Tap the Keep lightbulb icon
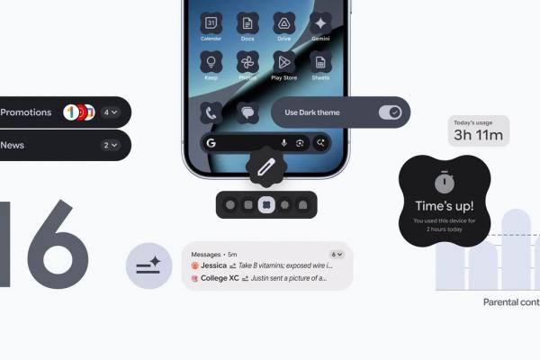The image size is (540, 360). click(x=211, y=61)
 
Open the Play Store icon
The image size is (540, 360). click(x=283, y=61)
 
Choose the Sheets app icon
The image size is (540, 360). click(x=319, y=61)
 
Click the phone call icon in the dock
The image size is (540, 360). click(x=211, y=112)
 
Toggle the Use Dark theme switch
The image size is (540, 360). click(x=390, y=112)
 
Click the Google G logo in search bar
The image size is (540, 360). click(x=211, y=143)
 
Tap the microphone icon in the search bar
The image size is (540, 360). click(x=284, y=143)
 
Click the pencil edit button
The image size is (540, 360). click(x=265, y=166)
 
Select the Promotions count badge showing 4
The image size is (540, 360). click(x=111, y=112)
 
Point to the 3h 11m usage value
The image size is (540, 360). click(x=479, y=136)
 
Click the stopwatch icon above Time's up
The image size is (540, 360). click(x=444, y=182)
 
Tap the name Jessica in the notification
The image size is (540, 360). click(x=213, y=266)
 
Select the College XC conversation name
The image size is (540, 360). click(x=220, y=279)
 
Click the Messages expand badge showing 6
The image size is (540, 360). click(x=337, y=254)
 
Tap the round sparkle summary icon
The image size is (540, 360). click(x=148, y=265)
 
